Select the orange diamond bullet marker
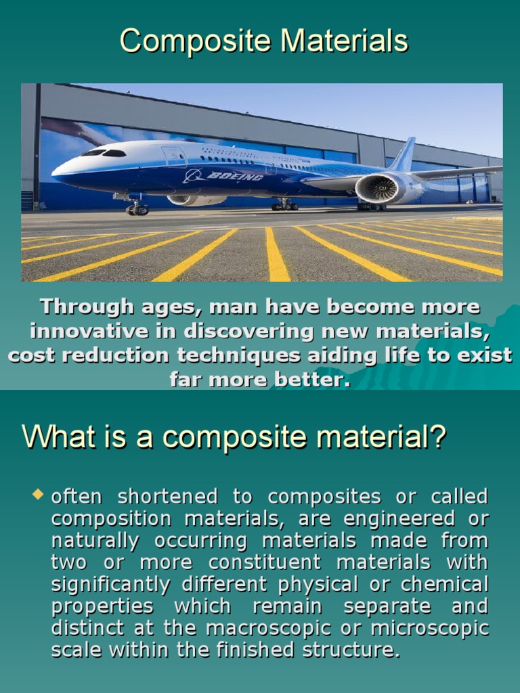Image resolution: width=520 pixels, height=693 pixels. (x=38, y=495)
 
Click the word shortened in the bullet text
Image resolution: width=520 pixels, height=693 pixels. (x=168, y=497)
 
